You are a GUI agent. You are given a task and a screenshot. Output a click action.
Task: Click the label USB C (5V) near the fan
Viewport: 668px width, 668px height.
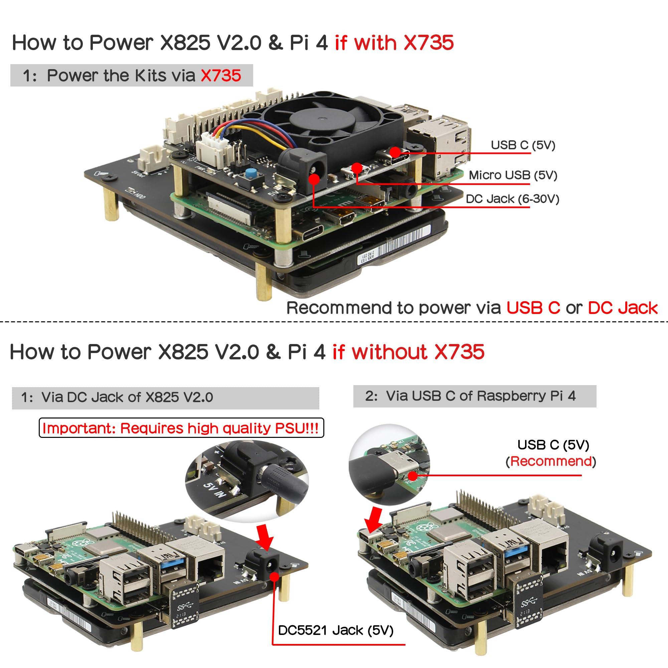click(523, 145)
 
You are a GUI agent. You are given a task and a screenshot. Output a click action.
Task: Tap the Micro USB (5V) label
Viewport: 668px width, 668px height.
click(513, 175)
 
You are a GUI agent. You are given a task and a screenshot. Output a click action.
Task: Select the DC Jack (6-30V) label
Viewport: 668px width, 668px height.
click(512, 199)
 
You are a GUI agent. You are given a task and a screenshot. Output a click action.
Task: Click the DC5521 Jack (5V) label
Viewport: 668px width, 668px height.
click(335, 630)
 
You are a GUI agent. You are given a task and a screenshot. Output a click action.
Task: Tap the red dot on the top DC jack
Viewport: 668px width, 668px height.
click(314, 179)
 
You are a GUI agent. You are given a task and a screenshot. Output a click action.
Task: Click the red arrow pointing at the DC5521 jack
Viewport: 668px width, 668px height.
click(265, 537)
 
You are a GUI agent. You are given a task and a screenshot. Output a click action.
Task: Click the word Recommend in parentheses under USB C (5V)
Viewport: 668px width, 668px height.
click(551, 462)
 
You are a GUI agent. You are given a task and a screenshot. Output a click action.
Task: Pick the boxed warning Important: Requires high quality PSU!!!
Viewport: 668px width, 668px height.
click(181, 429)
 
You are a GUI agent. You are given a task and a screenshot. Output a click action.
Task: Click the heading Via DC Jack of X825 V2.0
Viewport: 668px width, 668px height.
click(127, 397)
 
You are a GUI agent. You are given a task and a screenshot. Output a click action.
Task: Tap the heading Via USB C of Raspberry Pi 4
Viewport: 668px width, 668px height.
click(481, 396)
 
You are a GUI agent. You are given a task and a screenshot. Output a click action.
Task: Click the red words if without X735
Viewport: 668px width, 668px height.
click(408, 352)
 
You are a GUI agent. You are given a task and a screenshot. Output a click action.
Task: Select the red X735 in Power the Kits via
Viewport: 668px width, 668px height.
click(220, 75)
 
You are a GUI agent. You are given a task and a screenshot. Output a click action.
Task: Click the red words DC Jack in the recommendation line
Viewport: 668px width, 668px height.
click(622, 308)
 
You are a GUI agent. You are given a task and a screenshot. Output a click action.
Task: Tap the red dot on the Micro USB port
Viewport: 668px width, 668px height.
click(357, 168)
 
